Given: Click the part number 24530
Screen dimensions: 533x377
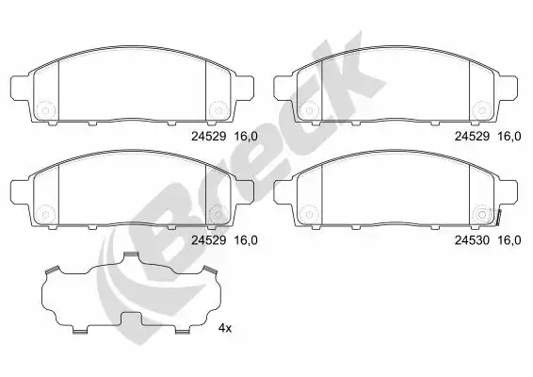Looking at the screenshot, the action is [472, 240].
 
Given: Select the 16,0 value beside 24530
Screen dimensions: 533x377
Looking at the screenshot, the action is [509, 240].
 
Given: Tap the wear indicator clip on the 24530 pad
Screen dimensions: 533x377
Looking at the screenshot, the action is [499, 218].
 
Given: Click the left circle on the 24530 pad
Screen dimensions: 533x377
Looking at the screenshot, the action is [309, 214].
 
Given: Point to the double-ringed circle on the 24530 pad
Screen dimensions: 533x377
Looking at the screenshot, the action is [482, 215].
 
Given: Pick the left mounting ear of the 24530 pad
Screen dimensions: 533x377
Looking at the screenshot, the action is [283, 191].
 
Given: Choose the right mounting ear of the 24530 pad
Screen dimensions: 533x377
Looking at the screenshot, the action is [509, 191].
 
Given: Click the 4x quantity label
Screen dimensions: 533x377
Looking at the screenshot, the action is [225, 328].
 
